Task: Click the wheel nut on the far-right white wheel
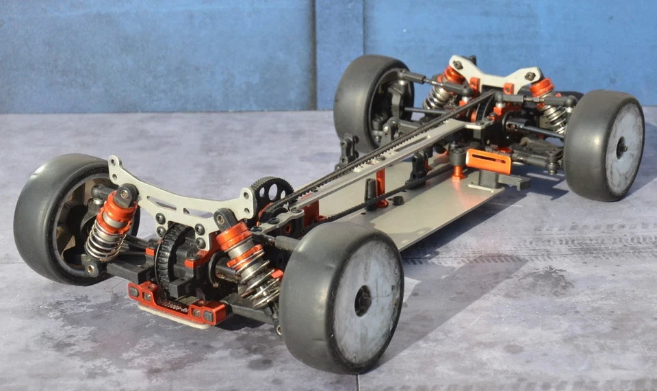coord(621,147)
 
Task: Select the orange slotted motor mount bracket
coord(489,161)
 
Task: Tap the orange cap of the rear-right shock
coord(542,88)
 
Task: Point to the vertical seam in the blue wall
coord(315,55)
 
